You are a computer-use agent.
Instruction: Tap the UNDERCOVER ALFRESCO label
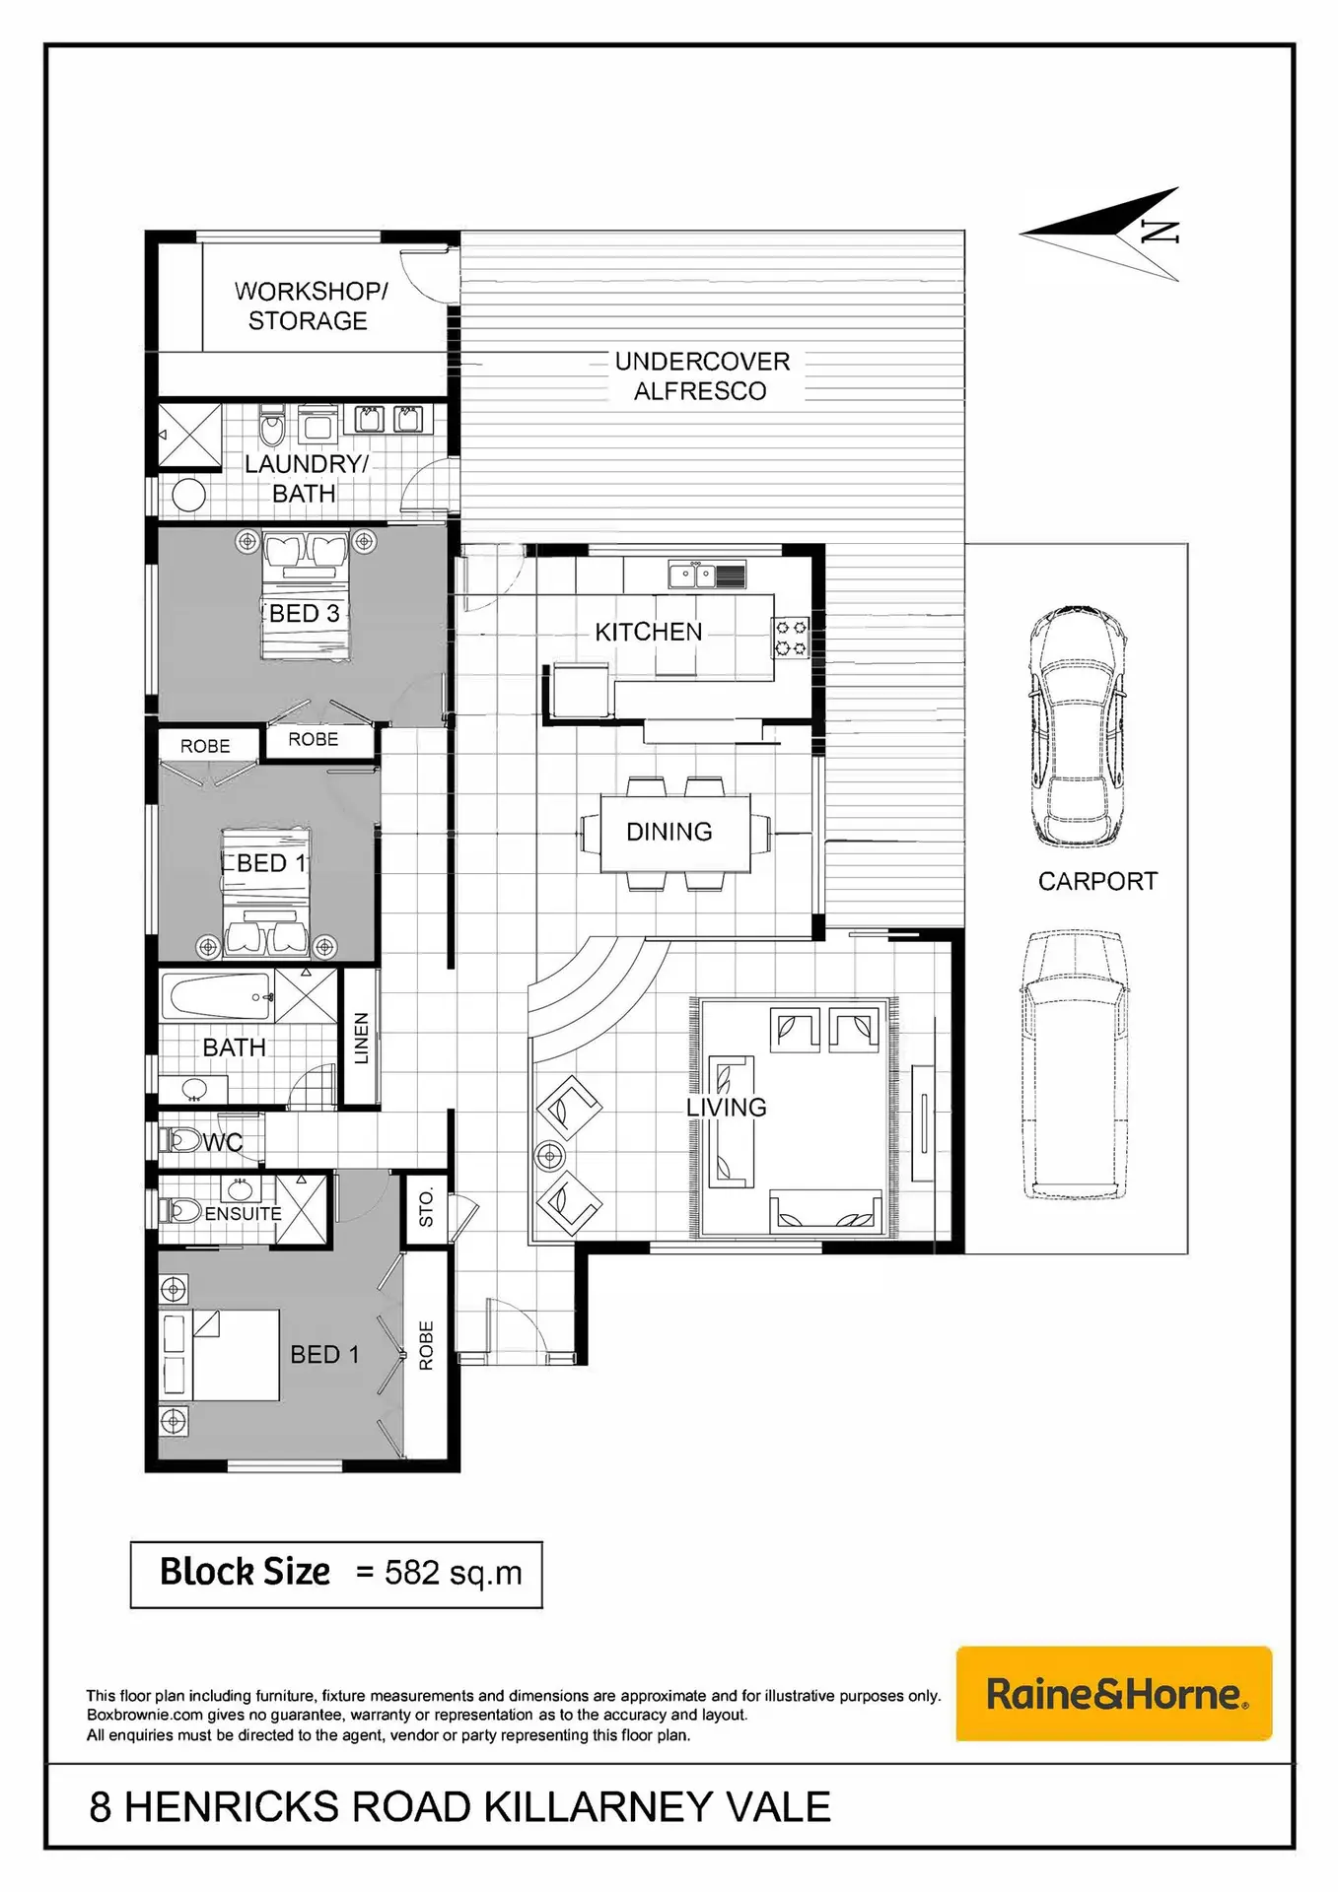coord(702,376)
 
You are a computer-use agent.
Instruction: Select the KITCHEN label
coord(649,632)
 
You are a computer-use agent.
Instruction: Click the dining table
coord(674,834)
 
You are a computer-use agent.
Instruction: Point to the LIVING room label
coord(727,1108)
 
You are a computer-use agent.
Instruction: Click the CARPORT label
coord(1097,881)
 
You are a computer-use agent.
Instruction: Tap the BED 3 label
coord(305,613)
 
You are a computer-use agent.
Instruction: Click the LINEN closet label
coord(361,1039)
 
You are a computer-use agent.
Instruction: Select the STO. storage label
coord(426,1208)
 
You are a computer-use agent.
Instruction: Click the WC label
coord(223,1142)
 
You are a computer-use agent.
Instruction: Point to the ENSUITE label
coord(243,1214)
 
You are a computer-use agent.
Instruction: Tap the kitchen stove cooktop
coord(791,638)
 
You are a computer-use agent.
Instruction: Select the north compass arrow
coord(1099,234)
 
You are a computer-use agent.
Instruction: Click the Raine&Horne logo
coord(1114,1694)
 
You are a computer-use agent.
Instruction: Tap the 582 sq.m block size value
coord(454,1573)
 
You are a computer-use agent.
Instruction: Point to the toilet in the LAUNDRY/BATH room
coord(271,426)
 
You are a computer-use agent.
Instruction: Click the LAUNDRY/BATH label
coord(306,479)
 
